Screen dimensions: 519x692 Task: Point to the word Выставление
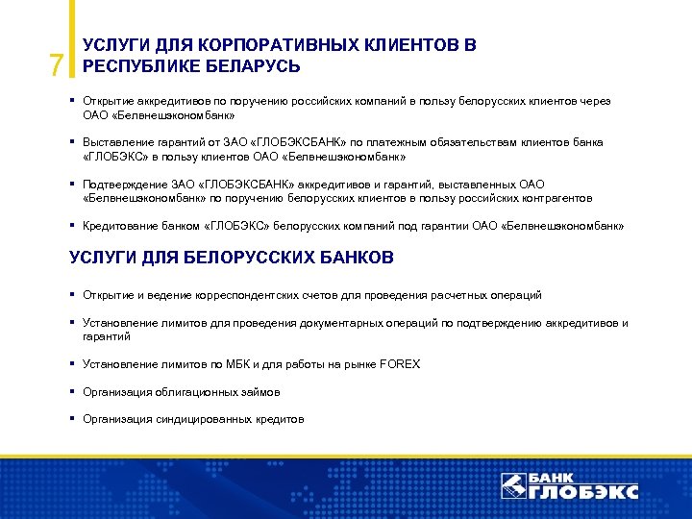tap(115, 142)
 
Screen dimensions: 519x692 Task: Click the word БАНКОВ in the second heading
tap(343, 259)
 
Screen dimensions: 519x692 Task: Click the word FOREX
tap(399, 364)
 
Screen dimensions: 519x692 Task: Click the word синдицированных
tap(201, 419)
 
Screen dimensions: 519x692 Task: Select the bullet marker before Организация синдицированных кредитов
tap(73, 419)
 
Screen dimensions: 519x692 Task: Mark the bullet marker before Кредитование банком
tap(73, 226)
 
